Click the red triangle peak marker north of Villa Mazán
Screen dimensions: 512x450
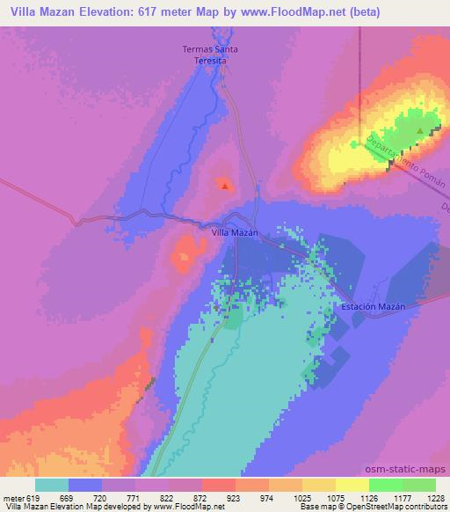pyautogui.click(x=225, y=186)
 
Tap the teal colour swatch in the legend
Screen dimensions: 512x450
pyautogui.click(x=52, y=485)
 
